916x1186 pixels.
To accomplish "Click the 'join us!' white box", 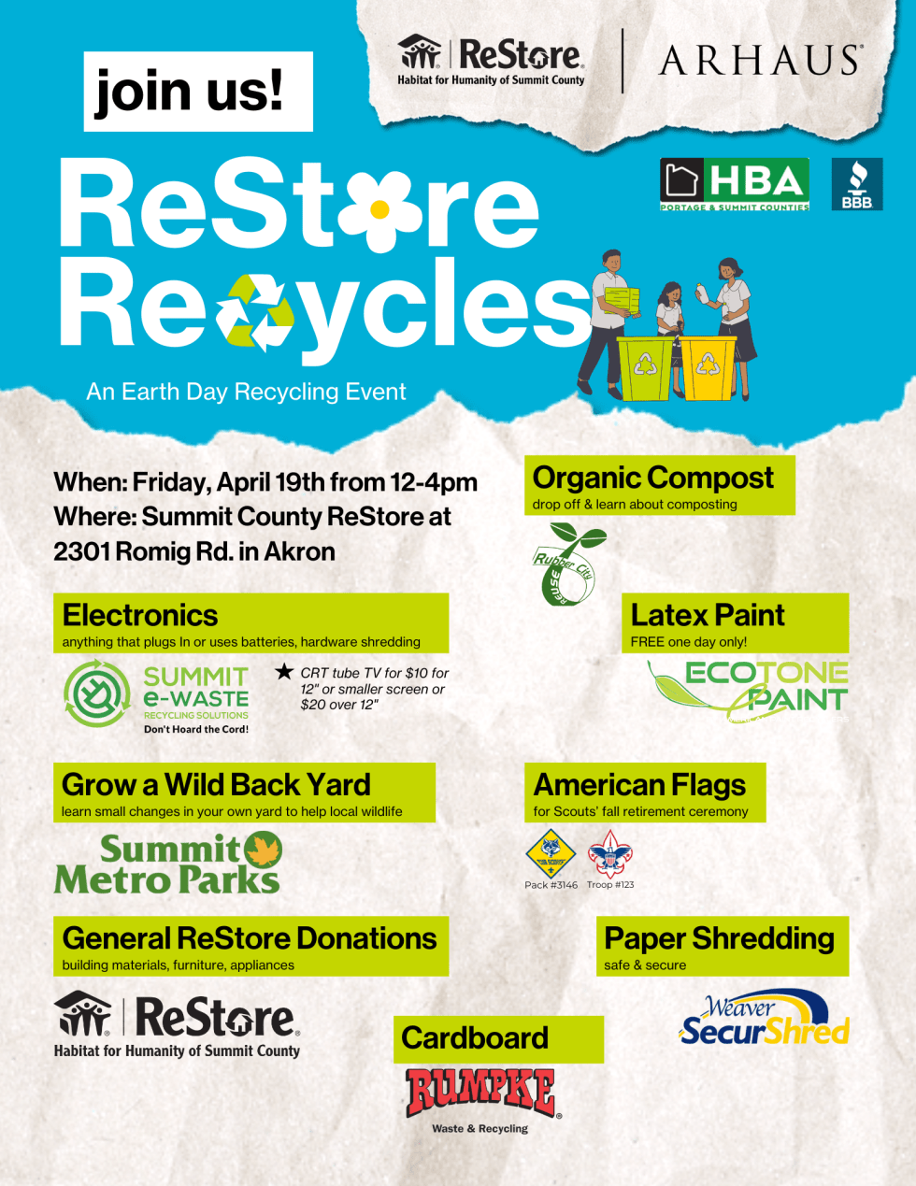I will click(x=198, y=91).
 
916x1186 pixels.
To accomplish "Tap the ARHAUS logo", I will click(x=759, y=61).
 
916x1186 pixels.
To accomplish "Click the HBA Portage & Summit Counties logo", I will click(x=735, y=184).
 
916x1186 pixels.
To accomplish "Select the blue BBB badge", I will click(x=856, y=184).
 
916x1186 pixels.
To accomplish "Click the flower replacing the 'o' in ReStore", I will click(x=380, y=209).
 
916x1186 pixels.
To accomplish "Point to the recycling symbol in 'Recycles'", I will click(x=254, y=312).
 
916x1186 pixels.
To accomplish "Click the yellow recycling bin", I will click(x=708, y=367).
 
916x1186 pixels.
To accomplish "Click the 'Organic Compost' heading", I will click(x=653, y=478).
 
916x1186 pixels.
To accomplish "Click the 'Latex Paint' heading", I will click(x=708, y=615).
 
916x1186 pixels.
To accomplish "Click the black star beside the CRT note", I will click(x=284, y=672).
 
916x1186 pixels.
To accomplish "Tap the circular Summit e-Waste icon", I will click(x=96, y=694).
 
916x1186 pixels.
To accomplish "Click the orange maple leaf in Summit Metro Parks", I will click(x=263, y=850).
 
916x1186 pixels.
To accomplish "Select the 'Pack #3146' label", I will click(x=551, y=885).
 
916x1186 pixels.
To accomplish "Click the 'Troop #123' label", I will click(x=610, y=885).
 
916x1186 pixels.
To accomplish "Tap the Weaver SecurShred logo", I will click(x=764, y=1020).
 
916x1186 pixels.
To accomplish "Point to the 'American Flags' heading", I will click(x=639, y=785).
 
